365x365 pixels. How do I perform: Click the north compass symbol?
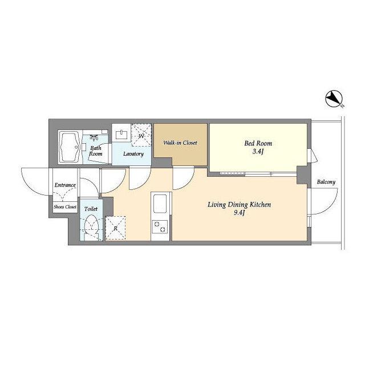click(334, 99)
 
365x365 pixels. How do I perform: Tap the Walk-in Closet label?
click(180, 143)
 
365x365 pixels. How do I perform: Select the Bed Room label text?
click(258, 143)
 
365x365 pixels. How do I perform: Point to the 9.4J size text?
click(239, 213)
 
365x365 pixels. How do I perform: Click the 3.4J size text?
click(258, 152)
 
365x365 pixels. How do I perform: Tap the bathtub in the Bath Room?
click(70, 147)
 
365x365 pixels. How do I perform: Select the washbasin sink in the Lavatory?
click(121, 135)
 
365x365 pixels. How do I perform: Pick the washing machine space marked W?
click(141, 135)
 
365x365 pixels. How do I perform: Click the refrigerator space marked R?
click(115, 228)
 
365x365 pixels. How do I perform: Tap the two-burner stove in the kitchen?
click(160, 227)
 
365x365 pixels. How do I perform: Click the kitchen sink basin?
click(160, 204)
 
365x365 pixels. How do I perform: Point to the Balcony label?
click(326, 182)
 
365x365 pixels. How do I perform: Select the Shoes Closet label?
click(65, 206)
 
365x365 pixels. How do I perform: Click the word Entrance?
click(65, 185)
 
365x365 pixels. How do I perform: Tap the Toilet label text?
click(91, 209)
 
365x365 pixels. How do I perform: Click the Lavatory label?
click(133, 154)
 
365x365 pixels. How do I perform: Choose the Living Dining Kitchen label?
click(240, 205)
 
